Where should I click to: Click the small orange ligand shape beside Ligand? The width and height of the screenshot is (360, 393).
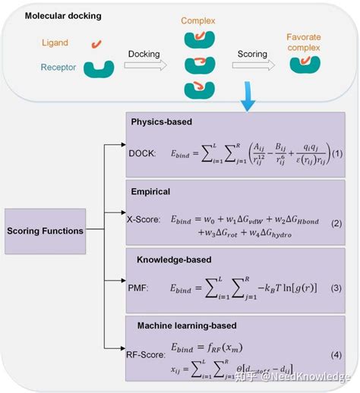tap(96, 44)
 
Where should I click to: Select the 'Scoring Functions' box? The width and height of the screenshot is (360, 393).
tap(47, 231)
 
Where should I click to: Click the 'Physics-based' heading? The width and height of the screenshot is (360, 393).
tap(163, 121)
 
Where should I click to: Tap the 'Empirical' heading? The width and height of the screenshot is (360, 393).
tap(152, 192)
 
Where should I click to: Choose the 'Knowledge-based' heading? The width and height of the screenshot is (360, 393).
tap(169, 259)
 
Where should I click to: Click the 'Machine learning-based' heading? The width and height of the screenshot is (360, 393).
tap(187, 325)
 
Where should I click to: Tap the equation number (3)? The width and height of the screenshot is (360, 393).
tap(336, 288)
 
